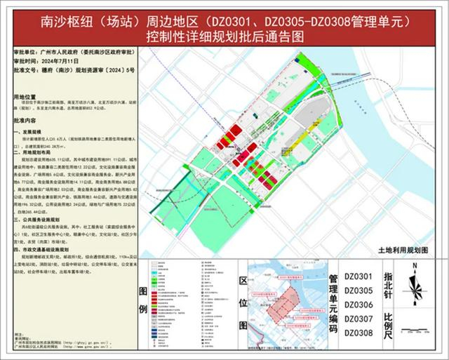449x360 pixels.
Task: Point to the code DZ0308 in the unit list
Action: coord(358,331)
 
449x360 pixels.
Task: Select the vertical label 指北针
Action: coord(389,285)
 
